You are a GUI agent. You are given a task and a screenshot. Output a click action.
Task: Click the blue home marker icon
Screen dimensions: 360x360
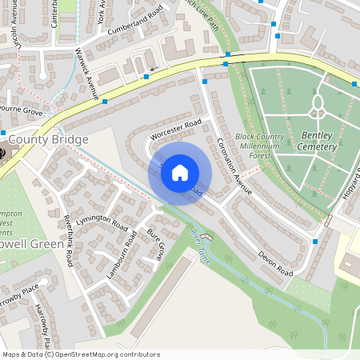tap(180, 171)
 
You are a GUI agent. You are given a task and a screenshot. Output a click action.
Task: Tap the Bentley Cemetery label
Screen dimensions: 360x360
tap(317, 141)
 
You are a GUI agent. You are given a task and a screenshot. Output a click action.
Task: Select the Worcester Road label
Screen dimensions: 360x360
tap(176, 129)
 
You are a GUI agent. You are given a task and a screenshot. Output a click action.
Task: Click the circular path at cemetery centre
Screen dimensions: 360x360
tap(318, 102)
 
